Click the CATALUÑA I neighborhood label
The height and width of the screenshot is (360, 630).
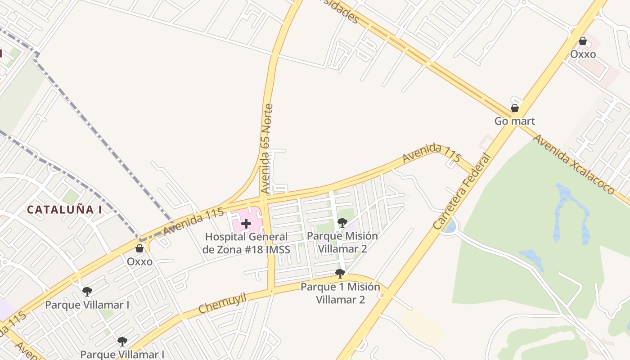(x=64, y=210)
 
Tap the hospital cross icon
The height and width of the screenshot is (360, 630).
(x=246, y=223)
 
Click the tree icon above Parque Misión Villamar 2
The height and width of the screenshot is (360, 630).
(x=342, y=222)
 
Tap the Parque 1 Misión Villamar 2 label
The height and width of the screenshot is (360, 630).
(x=340, y=293)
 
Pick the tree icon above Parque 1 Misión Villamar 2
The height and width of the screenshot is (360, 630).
(x=340, y=273)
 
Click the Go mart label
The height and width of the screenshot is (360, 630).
(x=514, y=121)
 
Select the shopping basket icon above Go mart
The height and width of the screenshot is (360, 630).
(x=515, y=108)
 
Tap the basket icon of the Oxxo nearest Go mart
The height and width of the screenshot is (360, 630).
(x=583, y=41)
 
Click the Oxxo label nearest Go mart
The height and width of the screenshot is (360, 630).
(x=583, y=54)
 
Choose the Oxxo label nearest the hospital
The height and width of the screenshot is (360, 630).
(x=139, y=261)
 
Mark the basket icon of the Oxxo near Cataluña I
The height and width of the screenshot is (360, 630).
(x=139, y=248)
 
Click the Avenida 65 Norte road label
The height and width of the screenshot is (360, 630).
(x=266, y=149)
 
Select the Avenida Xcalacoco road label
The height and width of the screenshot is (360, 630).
(x=573, y=164)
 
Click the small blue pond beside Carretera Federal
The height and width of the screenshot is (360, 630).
(x=450, y=226)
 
